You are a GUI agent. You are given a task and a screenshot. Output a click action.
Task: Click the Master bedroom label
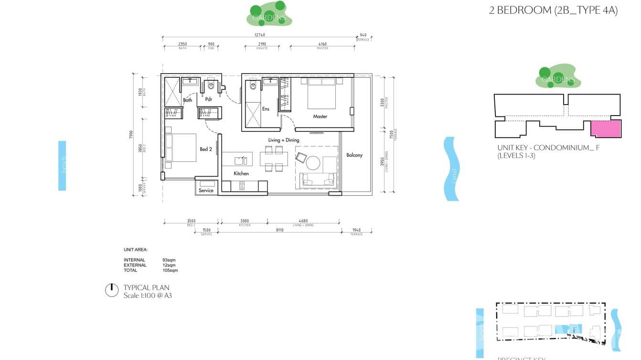pyautogui.click(x=320, y=116)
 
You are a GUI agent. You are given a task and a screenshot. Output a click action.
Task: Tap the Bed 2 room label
pyautogui.click(x=206, y=149)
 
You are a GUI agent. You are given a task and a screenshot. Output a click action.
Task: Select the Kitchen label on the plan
pyautogui.click(x=241, y=174)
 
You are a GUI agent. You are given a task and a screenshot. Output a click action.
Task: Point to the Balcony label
pyautogui.click(x=354, y=155)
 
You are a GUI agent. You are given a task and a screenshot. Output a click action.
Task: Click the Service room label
pyautogui.click(x=206, y=191)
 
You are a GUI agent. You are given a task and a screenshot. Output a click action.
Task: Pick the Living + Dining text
pyautogui.click(x=283, y=140)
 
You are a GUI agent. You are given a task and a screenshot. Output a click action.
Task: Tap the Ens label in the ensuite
pyautogui.click(x=266, y=109)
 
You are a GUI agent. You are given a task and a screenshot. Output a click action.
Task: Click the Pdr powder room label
pyautogui.click(x=209, y=100)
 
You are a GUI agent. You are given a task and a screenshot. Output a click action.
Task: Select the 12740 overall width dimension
pyautogui.click(x=259, y=35)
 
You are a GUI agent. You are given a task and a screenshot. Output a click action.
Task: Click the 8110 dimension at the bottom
pyautogui.click(x=279, y=230)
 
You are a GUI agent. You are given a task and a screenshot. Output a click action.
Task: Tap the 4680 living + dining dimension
pyautogui.click(x=303, y=221)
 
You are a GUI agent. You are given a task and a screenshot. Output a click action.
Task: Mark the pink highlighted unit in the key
pyautogui.click(x=606, y=129)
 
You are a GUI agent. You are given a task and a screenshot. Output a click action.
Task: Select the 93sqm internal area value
pyautogui.click(x=169, y=260)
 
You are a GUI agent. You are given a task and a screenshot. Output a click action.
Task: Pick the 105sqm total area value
pyautogui.click(x=170, y=270)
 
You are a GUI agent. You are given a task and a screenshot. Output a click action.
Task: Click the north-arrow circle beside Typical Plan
pyautogui.click(x=111, y=290)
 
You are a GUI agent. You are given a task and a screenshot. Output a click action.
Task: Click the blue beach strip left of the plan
pyautogui.click(x=62, y=165)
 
